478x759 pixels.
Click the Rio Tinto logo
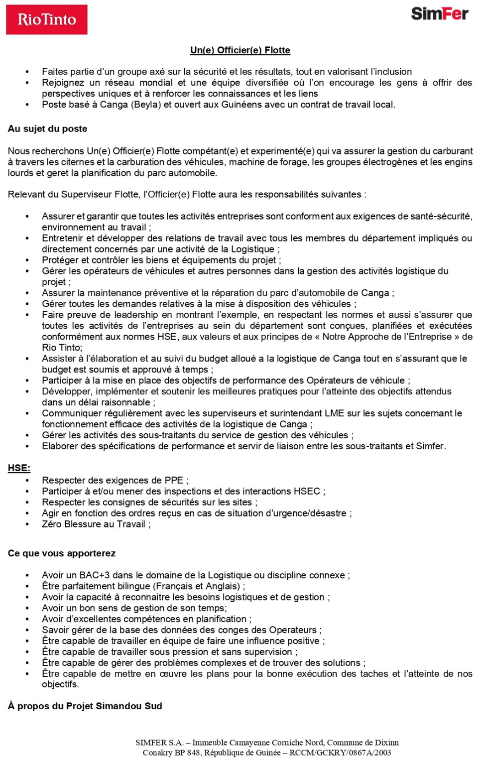(x=46, y=20)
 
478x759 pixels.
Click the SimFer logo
(x=439, y=14)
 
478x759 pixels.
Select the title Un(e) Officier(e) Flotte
(x=240, y=50)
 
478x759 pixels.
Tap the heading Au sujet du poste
(x=47, y=128)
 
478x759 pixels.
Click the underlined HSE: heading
(x=19, y=468)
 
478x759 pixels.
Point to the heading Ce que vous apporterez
(x=62, y=553)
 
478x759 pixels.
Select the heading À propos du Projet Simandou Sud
(x=85, y=706)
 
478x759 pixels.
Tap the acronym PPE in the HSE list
(x=174, y=480)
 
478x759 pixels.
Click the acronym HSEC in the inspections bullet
(x=307, y=491)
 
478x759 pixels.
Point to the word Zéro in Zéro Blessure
(x=52, y=524)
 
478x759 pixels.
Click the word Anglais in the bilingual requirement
(x=221, y=586)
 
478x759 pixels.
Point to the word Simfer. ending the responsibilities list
(x=431, y=446)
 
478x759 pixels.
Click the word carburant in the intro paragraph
(x=452, y=151)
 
